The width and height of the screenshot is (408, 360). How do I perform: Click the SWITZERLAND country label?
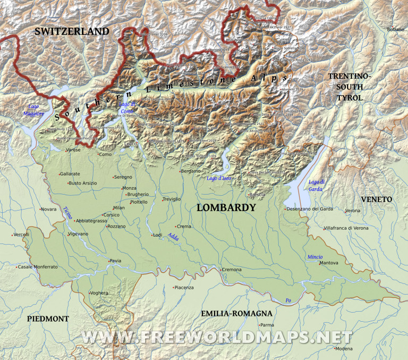coord(72,32)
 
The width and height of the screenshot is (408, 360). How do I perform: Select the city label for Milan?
coord(118,208)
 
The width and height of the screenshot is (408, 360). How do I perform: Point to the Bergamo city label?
coord(191,171)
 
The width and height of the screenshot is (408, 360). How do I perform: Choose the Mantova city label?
coord(329,263)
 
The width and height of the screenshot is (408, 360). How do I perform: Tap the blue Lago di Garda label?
coord(316,185)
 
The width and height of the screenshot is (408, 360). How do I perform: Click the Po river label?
coord(288,300)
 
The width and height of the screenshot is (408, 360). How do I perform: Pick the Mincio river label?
coord(314,257)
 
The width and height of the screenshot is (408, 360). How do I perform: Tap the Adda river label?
coord(173,237)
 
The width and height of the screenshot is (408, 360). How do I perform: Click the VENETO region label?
coord(376,199)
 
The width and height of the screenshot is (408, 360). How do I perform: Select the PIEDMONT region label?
coord(48,319)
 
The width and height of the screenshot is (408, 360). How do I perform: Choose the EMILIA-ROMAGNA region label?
coord(236,314)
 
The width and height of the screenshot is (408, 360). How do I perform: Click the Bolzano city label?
coord(396,29)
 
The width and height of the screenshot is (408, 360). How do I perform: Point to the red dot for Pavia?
coord(108,261)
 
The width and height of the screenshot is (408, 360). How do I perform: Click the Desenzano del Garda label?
coord(310,209)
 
